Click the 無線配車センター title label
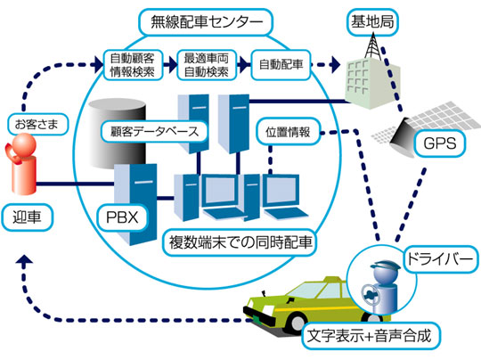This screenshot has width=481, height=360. point(206,22)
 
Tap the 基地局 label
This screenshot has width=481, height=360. point(372,22)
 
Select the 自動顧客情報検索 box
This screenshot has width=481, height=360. point(133,65)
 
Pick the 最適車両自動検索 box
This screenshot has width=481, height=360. point(207,65)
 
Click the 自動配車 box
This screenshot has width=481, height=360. point(281,65)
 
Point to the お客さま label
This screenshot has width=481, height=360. point(37,124)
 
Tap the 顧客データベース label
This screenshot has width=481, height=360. point(154,132)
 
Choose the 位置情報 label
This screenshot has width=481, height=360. point(288,132)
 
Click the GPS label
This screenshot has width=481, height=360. point(440,143)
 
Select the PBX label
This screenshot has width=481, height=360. point(122,217)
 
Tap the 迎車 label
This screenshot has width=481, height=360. point(27,217)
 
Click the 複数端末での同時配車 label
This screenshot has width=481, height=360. point(240,242)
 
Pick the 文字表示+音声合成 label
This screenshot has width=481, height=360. point(370,336)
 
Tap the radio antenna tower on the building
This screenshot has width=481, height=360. point(373,45)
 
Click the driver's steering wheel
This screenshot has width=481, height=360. point(371,295)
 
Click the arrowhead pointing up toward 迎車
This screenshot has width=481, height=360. point(25,261)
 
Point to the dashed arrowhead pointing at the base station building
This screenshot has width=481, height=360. point(336,65)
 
